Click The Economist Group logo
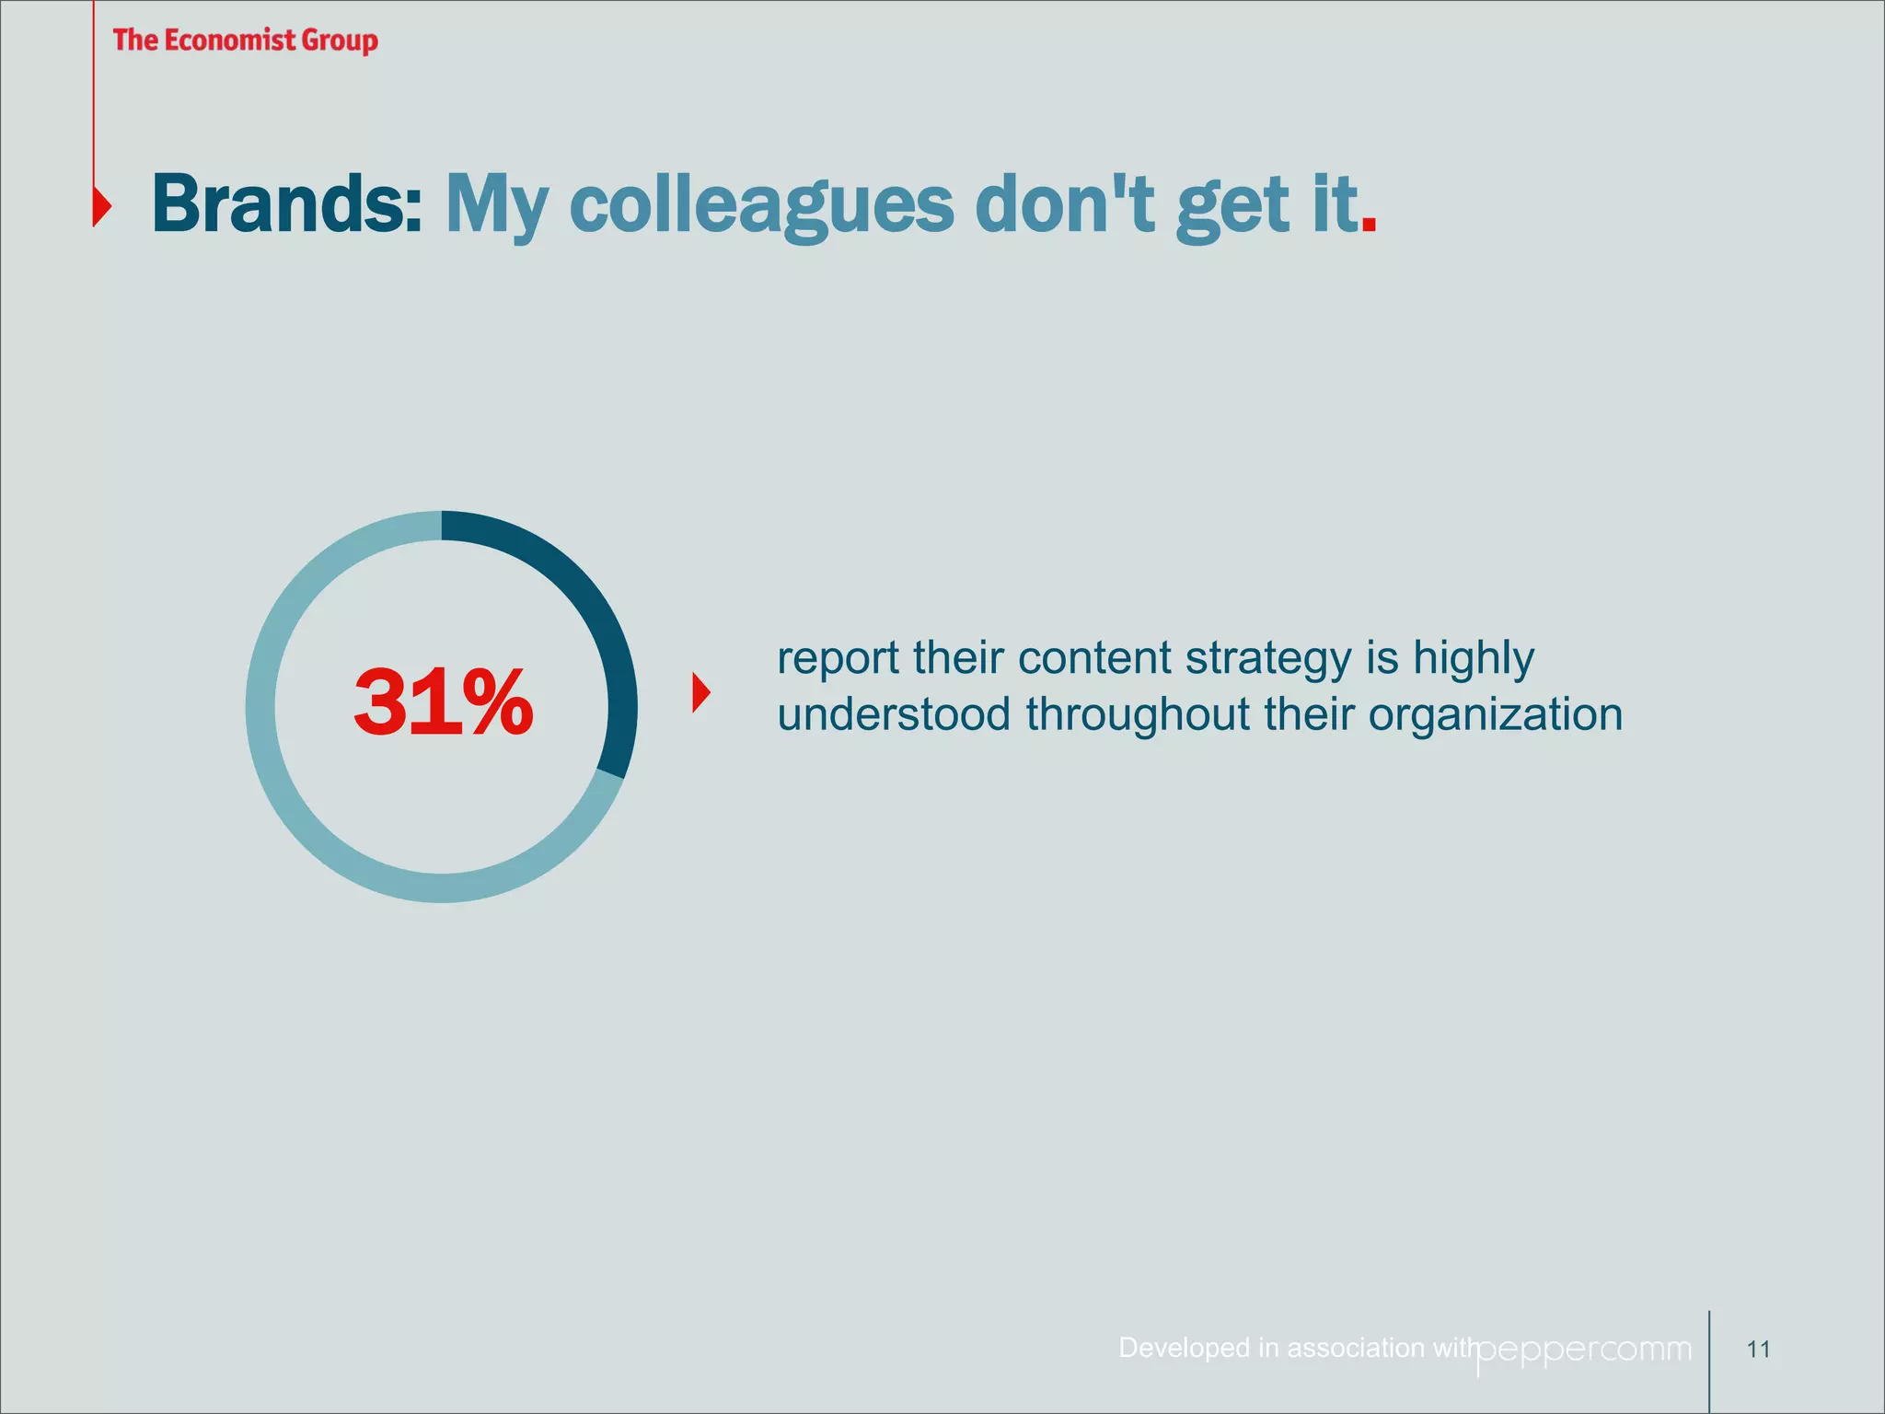[x=245, y=41]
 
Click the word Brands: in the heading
[x=286, y=203]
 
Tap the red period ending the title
[x=1369, y=224]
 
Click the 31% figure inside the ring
[x=443, y=704]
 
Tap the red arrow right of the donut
[x=701, y=692]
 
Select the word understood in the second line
[x=893, y=715]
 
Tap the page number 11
[x=1758, y=1350]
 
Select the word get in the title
[x=1232, y=207]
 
